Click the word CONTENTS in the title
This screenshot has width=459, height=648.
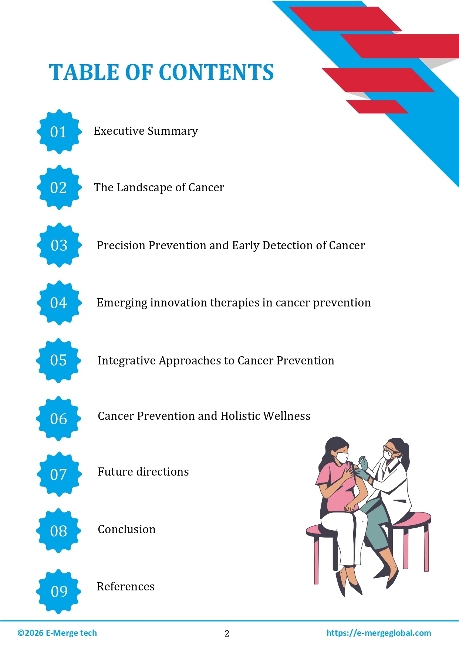tap(216, 72)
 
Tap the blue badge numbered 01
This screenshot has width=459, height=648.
tap(59, 132)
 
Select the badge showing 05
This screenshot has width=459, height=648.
tap(58, 360)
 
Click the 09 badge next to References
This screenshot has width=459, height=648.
tap(59, 591)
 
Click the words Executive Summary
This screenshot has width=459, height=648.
tap(146, 131)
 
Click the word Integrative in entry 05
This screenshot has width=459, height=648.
tap(126, 361)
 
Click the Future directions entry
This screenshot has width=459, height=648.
tap(143, 472)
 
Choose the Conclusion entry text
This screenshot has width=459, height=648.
tap(126, 529)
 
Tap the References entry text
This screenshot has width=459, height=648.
tap(125, 587)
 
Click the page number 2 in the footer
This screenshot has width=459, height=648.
tap(227, 634)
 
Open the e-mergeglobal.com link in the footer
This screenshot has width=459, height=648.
tap(378, 633)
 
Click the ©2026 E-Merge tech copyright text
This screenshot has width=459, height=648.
tap(57, 633)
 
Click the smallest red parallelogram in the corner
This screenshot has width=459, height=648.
tap(377, 107)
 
